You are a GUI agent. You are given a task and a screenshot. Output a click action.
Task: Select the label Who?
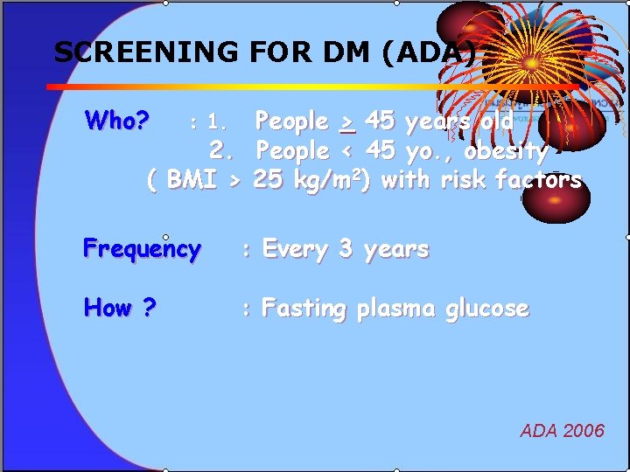point(117,120)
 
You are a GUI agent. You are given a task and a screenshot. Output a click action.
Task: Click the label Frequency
point(142,250)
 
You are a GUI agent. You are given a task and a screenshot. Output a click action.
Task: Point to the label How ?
point(120,309)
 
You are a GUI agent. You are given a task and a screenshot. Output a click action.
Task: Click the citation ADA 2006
point(562,430)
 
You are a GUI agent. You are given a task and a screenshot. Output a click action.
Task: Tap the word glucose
point(487,309)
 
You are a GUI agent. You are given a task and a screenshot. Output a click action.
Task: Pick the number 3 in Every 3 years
point(346,249)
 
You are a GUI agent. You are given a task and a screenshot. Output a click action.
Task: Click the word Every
point(296,249)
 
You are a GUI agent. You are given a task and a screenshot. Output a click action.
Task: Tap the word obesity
point(506,151)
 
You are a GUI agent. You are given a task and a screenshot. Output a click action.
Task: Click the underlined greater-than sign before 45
point(347,121)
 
